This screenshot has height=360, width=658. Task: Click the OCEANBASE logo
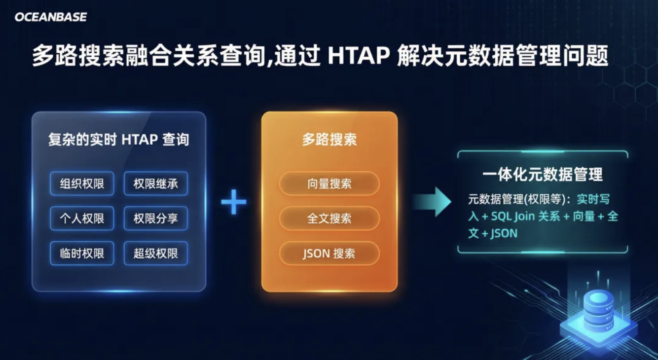[x=51, y=17]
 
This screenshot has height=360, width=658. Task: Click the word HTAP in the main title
[x=359, y=55]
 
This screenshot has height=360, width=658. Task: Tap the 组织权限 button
[x=82, y=183]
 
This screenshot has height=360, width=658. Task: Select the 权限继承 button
[x=156, y=183]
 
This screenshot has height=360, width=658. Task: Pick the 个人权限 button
[x=82, y=218]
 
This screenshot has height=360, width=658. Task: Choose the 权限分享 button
[x=156, y=218]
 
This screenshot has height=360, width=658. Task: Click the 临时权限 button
[x=82, y=253]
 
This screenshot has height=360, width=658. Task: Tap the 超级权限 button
[x=156, y=253]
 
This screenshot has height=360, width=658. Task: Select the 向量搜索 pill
[x=329, y=183]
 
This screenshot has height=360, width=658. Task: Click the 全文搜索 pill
[x=329, y=218]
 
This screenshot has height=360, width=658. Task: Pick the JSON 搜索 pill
[x=329, y=253]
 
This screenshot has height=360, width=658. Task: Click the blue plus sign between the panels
[x=233, y=202]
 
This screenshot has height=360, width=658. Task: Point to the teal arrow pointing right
[x=432, y=202]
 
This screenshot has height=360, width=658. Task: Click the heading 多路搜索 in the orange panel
[x=329, y=140]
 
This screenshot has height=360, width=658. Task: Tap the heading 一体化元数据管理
[x=543, y=175]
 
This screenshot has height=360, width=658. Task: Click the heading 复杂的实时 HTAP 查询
[x=119, y=140]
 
